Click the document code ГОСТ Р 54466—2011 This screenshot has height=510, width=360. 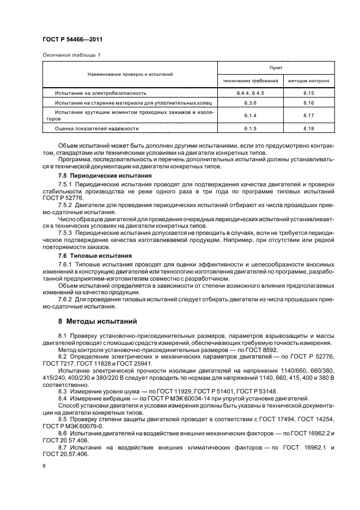[x=68, y=39]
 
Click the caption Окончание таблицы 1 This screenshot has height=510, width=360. [x=66, y=55]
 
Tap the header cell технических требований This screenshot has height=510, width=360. [x=251, y=81]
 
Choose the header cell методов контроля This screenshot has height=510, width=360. [x=309, y=81]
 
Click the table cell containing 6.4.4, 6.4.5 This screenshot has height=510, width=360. [x=251, y=93]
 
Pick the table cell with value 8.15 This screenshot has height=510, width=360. [x=309, y=93]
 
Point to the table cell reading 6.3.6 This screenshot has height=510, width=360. [x=251, y=102]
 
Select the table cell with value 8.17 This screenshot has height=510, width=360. [x=309, y=115]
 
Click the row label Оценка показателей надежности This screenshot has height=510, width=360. [x=97, y=128]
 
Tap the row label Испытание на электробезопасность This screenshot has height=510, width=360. [x=101, y=93]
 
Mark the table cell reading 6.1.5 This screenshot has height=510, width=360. [x=251, y=128]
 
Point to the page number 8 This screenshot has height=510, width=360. [x=44, y=466]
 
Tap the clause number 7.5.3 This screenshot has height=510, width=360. [x=66, y=232]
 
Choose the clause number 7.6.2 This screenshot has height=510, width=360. [x=66, y=299]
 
